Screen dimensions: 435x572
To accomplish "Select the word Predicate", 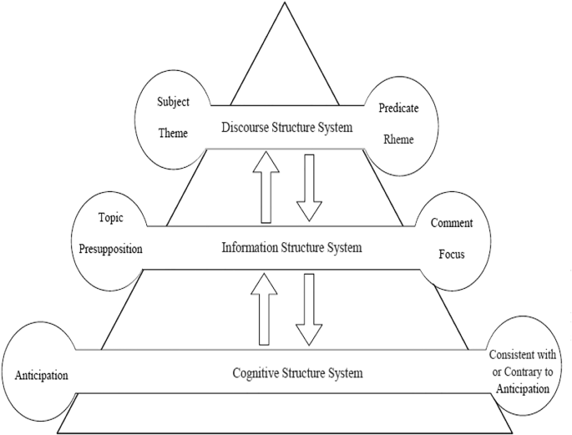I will (x=397, y=107).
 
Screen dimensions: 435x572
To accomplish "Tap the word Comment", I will (x=452, y=223).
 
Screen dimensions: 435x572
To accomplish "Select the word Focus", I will (x=452, y=254).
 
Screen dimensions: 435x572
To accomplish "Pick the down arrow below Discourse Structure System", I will (x=310, y=187).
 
